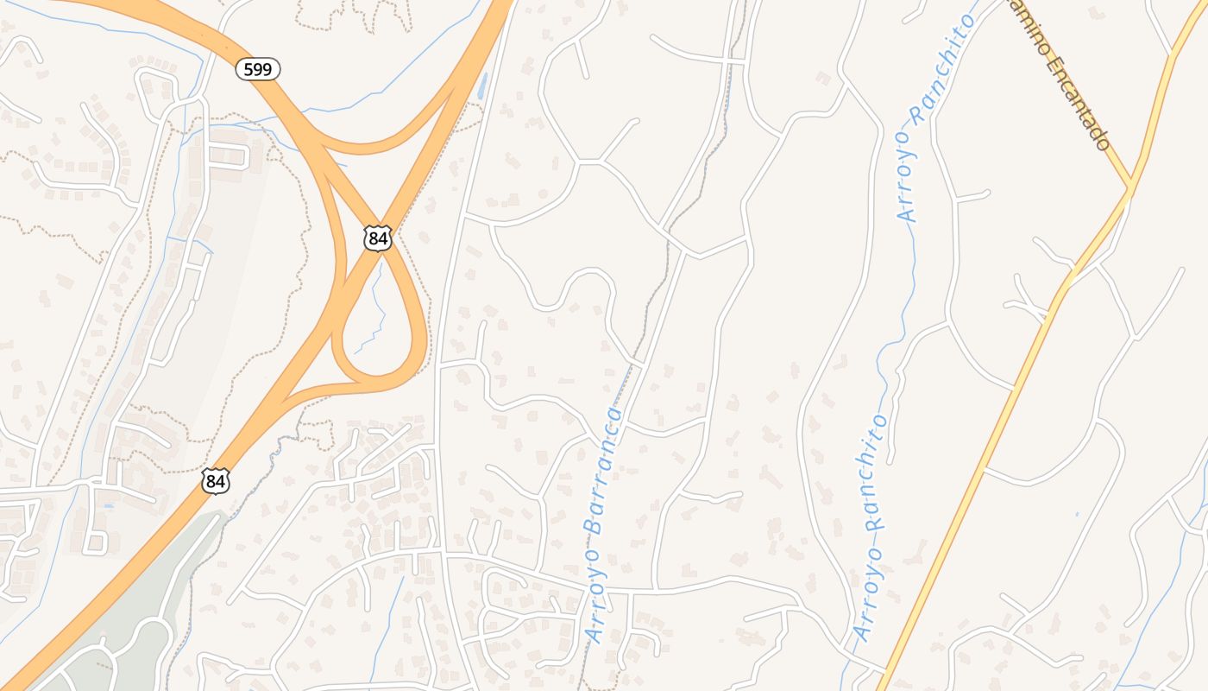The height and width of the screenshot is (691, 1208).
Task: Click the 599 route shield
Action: click(x=258, y=69)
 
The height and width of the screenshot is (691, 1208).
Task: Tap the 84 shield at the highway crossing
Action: click(x=377, y=238)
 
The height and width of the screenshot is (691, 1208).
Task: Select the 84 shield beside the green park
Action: click(x=216, y=481)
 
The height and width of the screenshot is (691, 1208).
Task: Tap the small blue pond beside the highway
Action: click(x=481, y=86)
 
